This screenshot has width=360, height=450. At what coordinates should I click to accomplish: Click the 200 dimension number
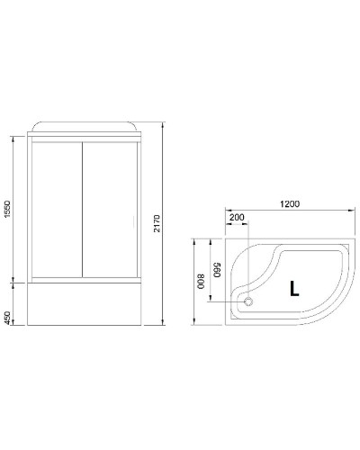pyautogui.click(x=237, y=218)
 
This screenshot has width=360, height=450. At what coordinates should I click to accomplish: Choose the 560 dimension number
pyautogui.click(x=217, y=268)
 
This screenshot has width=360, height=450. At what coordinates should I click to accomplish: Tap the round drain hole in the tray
pyautogui.click(x=250, y=303)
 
